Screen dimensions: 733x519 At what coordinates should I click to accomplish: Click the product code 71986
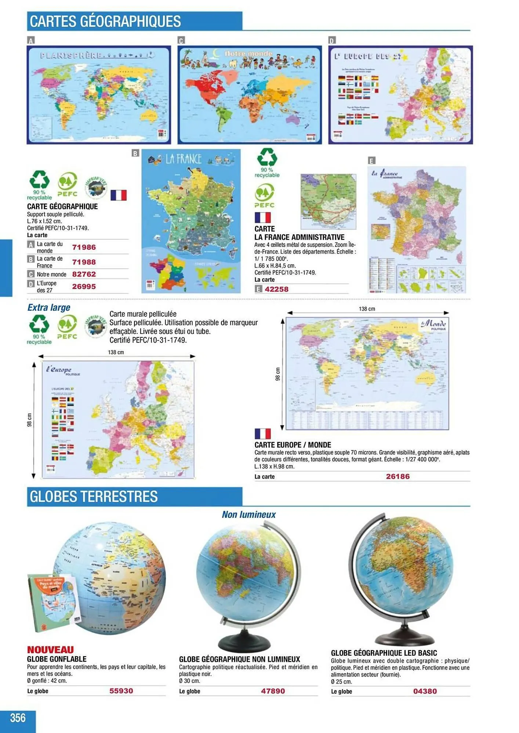(x=84, y=247)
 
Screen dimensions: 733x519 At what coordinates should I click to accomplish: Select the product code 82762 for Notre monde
(x=84, y=274)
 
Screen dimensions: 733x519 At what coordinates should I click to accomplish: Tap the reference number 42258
(x=276, y=289)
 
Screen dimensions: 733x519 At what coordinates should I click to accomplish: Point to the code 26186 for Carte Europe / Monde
(x=398, y=476)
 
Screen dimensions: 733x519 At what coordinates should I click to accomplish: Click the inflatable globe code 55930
(x=121, y=691)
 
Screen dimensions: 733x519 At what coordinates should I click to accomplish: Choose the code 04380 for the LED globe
(x=425, y=691)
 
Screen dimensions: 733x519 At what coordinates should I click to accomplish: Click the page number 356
(x=18, y=717)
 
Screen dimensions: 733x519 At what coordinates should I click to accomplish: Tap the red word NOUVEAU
(x=50, y=650)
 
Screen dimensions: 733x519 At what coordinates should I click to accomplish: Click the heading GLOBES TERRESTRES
(x=94, y=497)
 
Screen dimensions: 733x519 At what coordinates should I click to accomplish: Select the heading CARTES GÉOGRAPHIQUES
(x=105, y=21)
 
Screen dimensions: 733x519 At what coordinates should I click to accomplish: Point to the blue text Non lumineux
(x=248, y=515)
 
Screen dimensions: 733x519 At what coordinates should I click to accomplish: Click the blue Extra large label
(x=49, y=307)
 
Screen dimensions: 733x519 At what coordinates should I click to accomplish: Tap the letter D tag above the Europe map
(x=332, y=40)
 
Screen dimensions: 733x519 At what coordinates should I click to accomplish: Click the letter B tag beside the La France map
(x=135, y=153)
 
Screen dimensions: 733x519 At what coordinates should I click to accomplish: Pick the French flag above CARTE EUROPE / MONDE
(x=262, y=434)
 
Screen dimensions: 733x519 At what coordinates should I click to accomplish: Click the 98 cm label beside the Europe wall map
(x=29, y=420)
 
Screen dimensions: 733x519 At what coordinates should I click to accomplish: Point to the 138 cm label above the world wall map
(x=367, y=309)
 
